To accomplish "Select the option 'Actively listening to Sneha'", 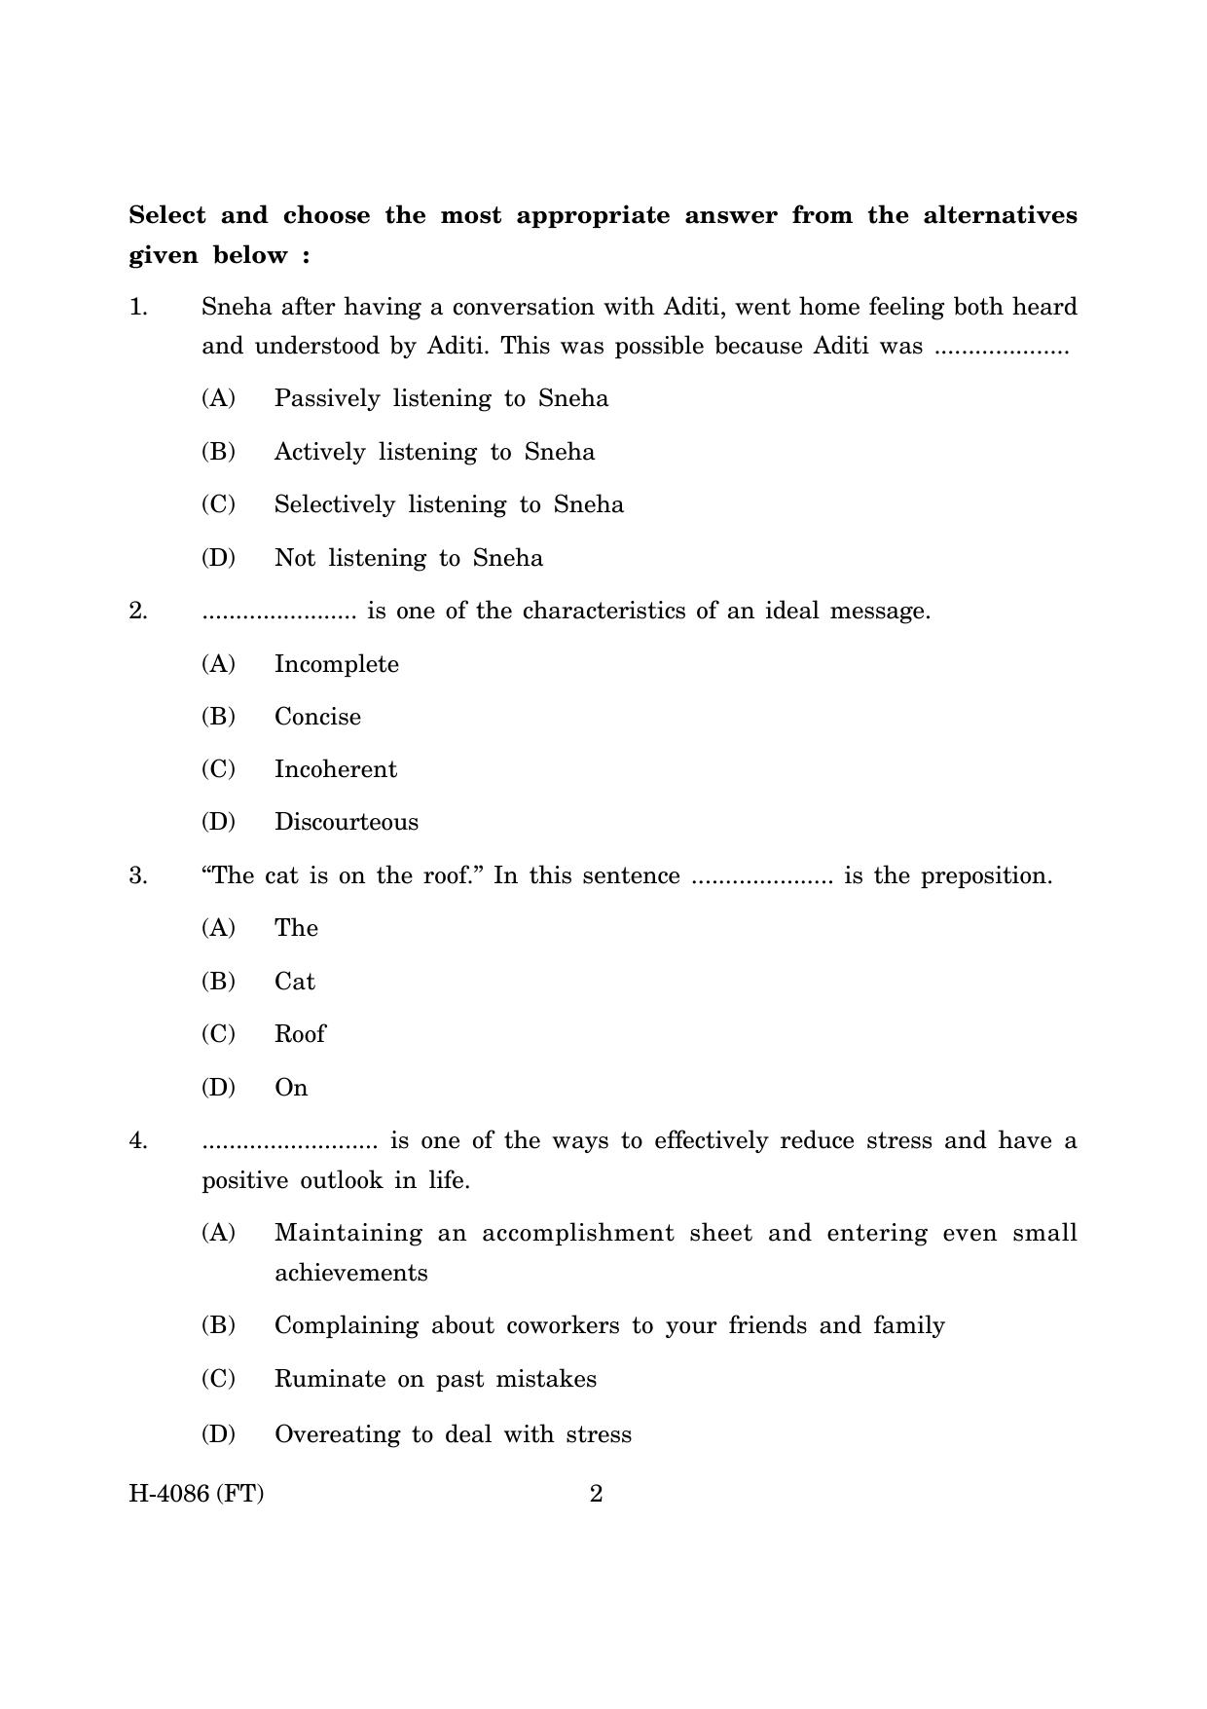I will click(434, 452).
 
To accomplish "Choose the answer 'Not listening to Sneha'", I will click(408, 558).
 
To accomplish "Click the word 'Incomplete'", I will click(336, 664).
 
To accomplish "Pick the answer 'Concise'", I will click(317, 717).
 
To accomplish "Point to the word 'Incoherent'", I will click(335, 769).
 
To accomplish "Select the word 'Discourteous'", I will click(346, 822).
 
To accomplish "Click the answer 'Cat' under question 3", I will click(294, 982).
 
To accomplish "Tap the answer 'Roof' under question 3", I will click(299, 1034).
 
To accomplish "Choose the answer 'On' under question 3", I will click(290, 1088).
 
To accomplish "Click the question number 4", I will click(138, 1140).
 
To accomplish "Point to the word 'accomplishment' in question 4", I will click(577, 1233).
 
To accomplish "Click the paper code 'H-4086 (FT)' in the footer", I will click(196, 1494).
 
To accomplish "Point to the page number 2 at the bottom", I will click(597, 1494).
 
